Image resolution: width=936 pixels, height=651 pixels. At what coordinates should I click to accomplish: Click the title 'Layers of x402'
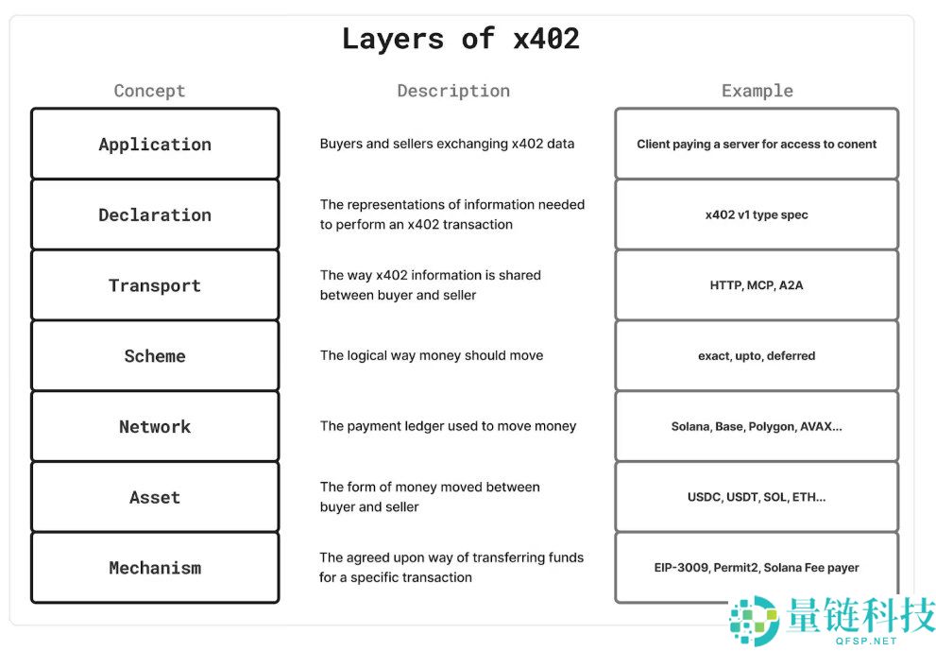[x=460, y=39]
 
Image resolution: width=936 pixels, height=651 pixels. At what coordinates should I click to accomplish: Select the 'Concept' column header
[x=149, y=91]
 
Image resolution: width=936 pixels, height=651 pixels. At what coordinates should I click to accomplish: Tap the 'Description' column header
[x=453, y=91]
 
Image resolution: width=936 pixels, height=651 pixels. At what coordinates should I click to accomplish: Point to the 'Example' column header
[x=757, y=91]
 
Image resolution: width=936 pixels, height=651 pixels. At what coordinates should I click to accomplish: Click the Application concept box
[x=155, y=144]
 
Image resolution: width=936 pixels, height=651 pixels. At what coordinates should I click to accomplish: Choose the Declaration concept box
[x=155, y=214]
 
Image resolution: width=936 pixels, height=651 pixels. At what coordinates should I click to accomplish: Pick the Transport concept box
[x=155, y=285]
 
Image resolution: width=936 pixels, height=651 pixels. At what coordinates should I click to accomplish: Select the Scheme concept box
[x=155, y=356]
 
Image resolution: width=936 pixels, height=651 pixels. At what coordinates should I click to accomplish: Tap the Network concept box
[x=155, y=426]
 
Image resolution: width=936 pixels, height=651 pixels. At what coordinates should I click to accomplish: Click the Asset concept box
[x=155, y=497]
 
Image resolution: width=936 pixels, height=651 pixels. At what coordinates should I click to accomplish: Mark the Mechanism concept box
[x=155, y=568]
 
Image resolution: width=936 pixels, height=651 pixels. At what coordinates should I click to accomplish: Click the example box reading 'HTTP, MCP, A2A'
[x=757, y=285]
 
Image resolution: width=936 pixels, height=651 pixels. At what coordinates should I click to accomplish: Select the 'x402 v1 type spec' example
[x=757, y=214]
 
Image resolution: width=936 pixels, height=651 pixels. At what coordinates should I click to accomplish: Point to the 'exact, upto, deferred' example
[x=757, y=356]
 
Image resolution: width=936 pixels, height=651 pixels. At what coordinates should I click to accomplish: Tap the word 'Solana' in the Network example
[x=690, y=427]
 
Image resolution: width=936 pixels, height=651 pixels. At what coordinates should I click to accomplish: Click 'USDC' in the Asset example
[x=705, y=497]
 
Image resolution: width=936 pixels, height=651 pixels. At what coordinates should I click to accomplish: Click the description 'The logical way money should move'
[x=432, y=356]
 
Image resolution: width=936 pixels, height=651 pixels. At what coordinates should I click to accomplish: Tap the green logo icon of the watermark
[x=754, y=620]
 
